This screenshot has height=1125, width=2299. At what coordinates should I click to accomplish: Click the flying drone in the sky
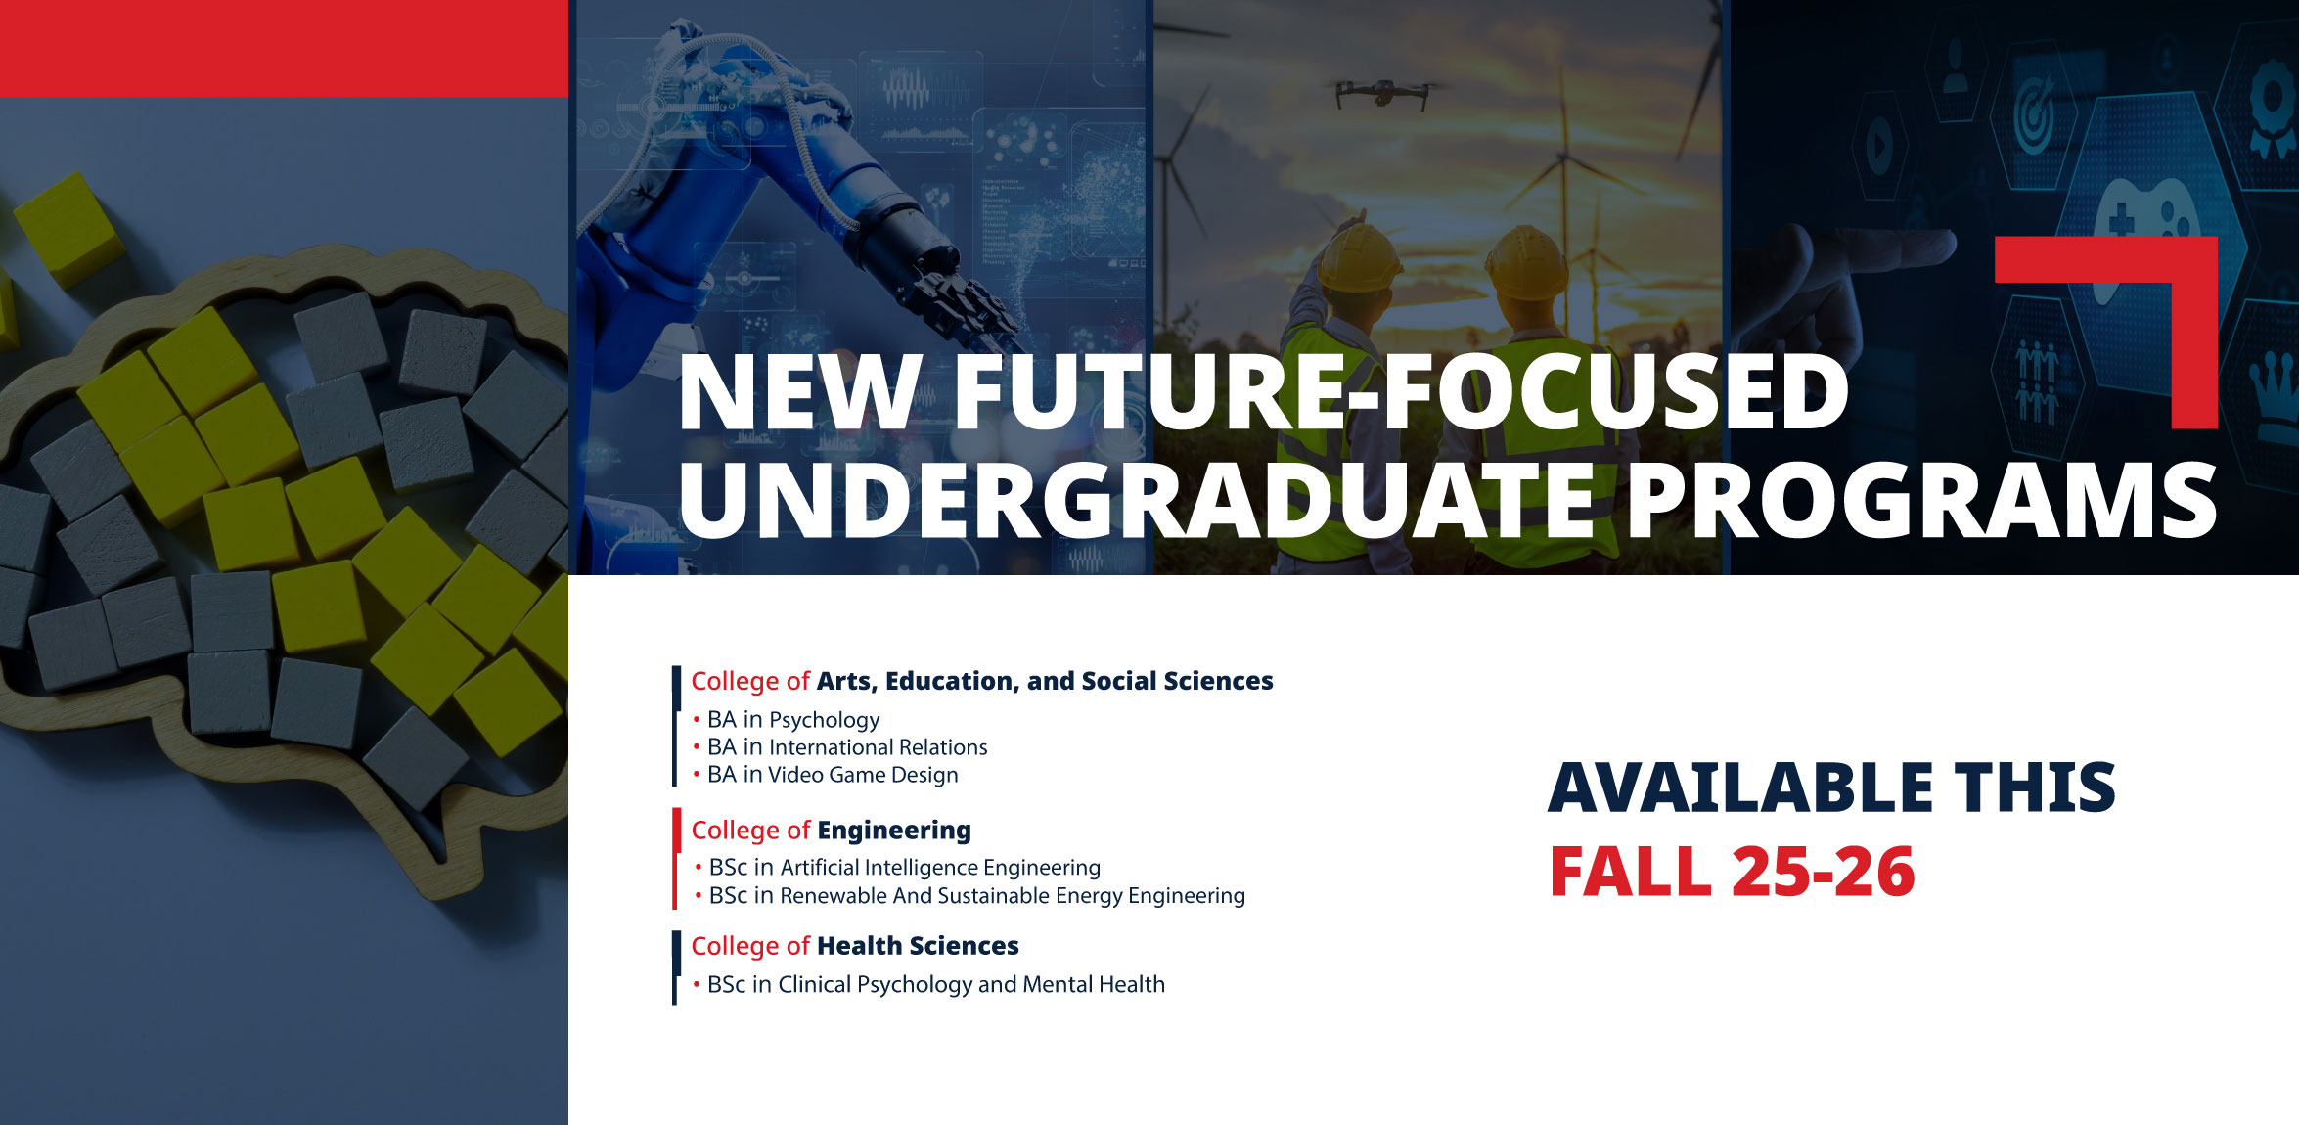[x=1381, y=93]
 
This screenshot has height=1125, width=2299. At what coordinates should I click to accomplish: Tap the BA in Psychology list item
[x=793, y=720]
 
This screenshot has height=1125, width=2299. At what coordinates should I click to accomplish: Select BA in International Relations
[x=847, y=747]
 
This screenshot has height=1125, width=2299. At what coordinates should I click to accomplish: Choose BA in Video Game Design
[x=833, y=775]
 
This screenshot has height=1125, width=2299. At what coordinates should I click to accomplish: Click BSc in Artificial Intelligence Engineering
[x=905, y=868]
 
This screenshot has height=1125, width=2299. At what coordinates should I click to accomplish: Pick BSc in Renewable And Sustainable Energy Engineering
[x=977, y=896]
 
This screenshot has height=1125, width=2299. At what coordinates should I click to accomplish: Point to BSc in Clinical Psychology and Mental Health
[x=936, y=984]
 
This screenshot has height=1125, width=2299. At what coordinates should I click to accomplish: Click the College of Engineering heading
[x=832, y=831]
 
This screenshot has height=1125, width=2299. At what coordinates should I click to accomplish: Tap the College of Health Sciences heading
[x=855, y=946]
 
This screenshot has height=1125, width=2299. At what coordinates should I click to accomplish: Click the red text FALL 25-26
[x=1733, y=872]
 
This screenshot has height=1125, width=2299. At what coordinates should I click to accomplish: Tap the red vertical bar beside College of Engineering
[x=676, y=858]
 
